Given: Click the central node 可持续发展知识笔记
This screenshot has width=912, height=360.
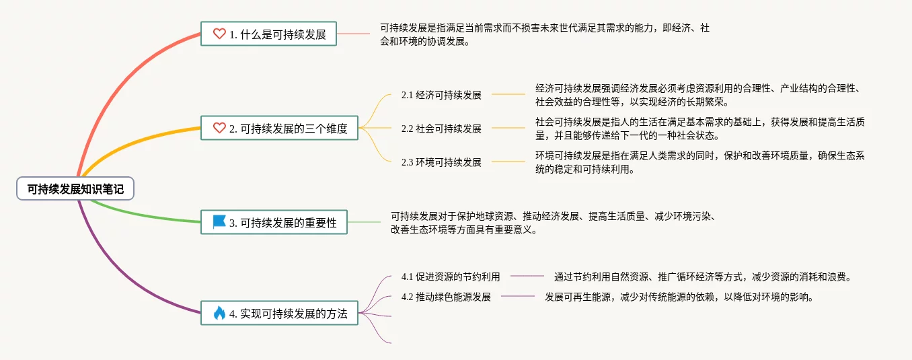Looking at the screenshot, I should [75, 189].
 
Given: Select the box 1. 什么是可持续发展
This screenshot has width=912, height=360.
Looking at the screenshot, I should [268, 34].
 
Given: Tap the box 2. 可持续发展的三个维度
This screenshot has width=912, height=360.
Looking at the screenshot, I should [279, 128].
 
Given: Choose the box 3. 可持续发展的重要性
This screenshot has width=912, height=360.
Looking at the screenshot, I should [274, 222].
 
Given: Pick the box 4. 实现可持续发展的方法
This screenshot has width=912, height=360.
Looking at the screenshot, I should [279, 313].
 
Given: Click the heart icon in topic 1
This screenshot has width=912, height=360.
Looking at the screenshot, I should [219, 34].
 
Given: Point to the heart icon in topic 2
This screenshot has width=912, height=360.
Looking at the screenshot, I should [219, 128].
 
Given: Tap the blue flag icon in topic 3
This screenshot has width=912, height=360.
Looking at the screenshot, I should [219, 221].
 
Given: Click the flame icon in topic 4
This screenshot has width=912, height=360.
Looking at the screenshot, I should [219, 313].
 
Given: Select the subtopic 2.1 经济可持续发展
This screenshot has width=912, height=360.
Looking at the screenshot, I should [441, 95].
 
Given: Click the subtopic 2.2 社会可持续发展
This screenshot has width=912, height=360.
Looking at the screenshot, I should [441, 129].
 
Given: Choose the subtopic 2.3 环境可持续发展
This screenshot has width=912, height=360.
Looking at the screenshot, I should [441, 162].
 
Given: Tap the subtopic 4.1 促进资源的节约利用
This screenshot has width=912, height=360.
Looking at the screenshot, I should [451, 277].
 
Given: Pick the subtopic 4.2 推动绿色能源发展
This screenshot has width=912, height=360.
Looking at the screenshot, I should [446, 297].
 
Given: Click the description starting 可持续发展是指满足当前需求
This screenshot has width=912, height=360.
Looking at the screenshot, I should [545, 34].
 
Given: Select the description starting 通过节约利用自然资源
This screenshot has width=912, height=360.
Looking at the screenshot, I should [703, 277].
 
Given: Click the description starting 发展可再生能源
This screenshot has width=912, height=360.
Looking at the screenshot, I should [679, 297].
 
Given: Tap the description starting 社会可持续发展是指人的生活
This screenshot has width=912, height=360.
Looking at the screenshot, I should [700, 129].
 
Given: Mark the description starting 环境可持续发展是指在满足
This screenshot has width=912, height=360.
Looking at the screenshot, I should [700, 162].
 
